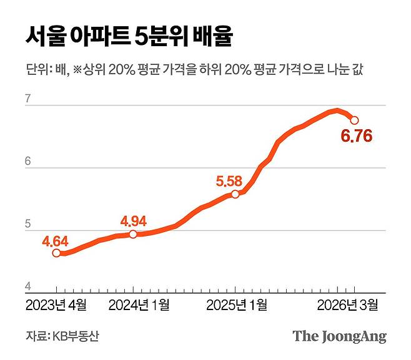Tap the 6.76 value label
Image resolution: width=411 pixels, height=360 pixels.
pyautogui.click(x=358, y=135)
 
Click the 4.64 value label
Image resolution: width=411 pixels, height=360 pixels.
pyautogui.click(x=56, y=241)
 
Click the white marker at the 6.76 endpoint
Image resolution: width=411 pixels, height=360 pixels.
pyautogui.click(x=354, y=120)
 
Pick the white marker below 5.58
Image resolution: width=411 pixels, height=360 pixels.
pyautogui.click(x=235, y=194)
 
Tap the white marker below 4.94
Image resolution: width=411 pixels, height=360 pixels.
pyautogui.click(x=133, y=234)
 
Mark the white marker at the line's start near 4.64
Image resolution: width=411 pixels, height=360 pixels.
pyautogui.click(x=56, y=253)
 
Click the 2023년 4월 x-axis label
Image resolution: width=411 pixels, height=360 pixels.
pyautogui.click(x=56, y=305)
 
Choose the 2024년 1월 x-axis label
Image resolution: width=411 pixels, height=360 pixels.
pyautogui.click(x=139, y=305)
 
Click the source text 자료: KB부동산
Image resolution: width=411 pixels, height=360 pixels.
pyautogui.click(x=62, y=336)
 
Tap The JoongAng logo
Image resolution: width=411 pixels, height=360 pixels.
pyautogui.click(x=339, y=336)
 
